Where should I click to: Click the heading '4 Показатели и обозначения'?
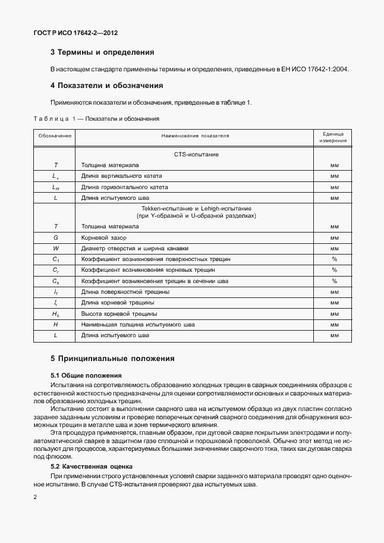click(107, 86)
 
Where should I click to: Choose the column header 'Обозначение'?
click(55, 136)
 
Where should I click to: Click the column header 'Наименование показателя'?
click(194, 136)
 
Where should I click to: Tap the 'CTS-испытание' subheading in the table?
click(196, 155)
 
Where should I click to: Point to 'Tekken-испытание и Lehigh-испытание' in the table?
click(196, 209)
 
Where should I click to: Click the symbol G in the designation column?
click(55, 237)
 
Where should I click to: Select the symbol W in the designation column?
click(55, 248)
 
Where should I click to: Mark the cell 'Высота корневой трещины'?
click(119, 313)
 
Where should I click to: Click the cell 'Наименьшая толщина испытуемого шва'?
click(138, 325)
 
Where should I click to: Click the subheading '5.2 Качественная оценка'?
click(92, 466)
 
